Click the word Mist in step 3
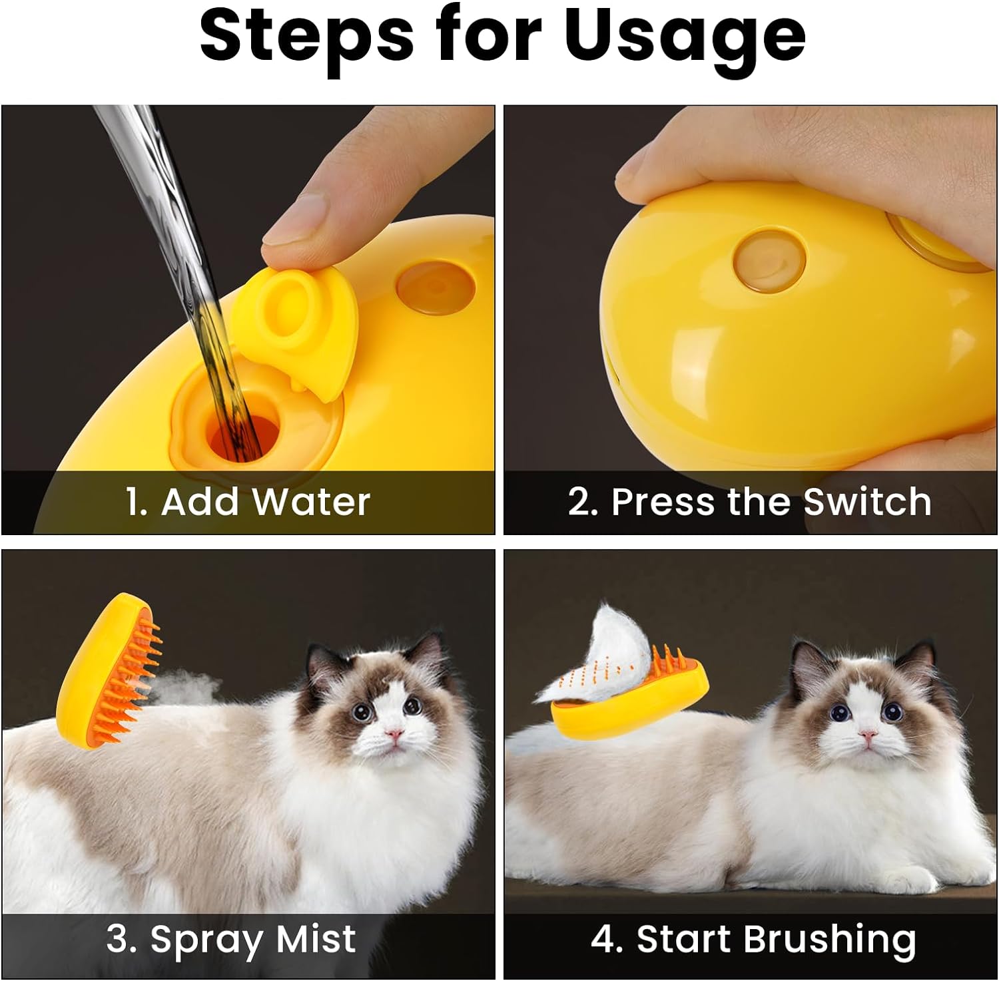coord(316,938)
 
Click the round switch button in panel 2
coord(769,262)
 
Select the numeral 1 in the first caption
coord(134,501)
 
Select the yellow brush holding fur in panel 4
coord(629,699)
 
